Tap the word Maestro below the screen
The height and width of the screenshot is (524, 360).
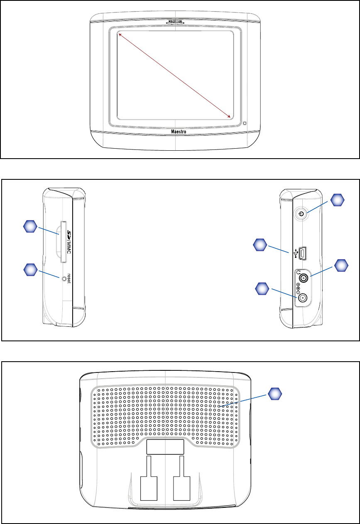point(175,132)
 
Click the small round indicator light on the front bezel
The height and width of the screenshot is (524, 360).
point(245,123)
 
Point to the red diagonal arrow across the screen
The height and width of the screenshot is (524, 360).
point(175,75)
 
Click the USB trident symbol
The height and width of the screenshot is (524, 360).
point(296,252)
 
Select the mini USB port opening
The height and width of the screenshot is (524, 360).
point(303,252)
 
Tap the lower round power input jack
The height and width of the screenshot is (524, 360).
point(304,298)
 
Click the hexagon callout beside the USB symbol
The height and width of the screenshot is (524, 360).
point(260,245)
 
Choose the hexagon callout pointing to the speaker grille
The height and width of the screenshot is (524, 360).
point(274,394)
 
